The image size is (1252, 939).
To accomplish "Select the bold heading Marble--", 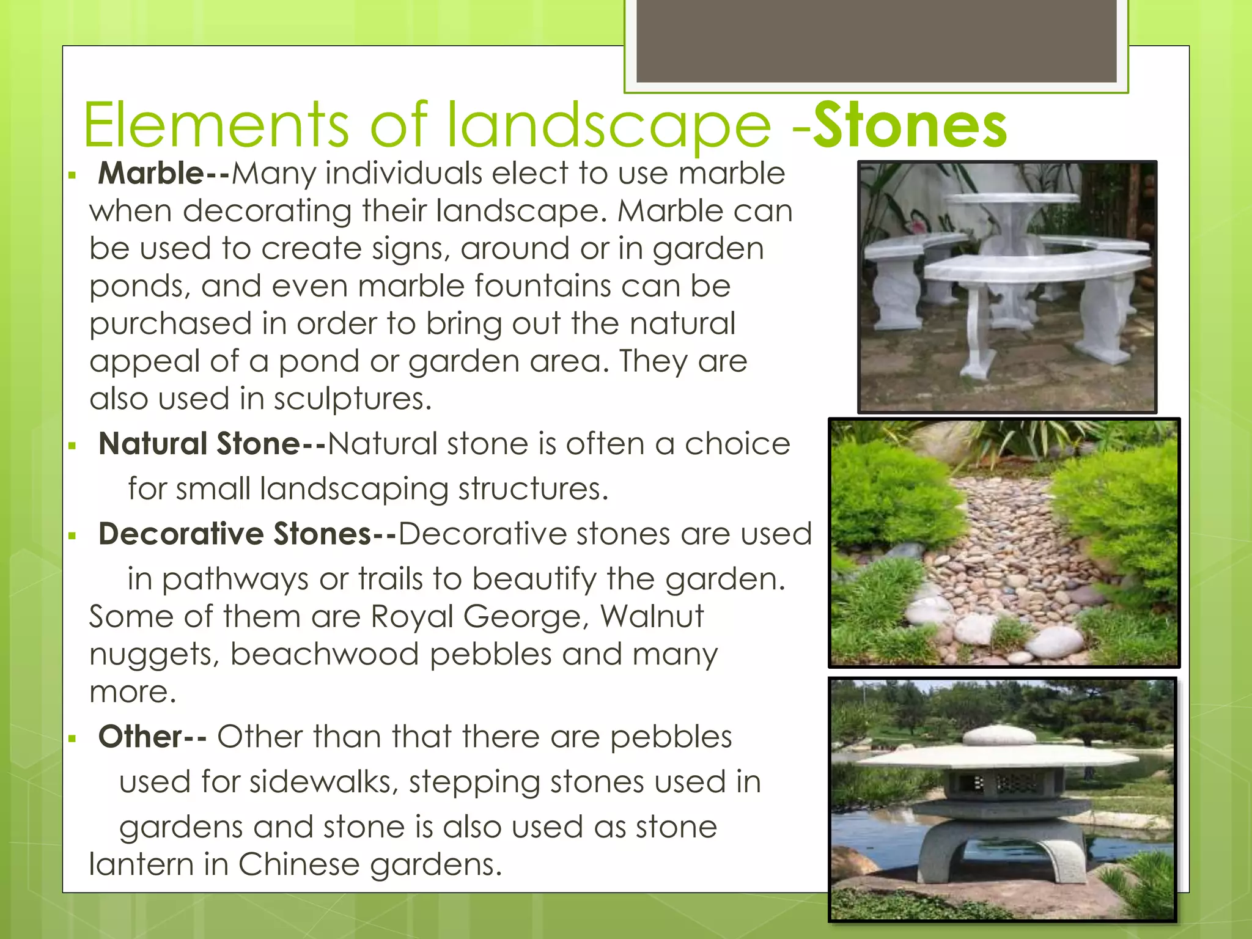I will (x=164, y=174).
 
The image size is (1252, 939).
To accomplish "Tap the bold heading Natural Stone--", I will (x=212, y=444).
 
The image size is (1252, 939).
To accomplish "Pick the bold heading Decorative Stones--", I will (x=248, y=534).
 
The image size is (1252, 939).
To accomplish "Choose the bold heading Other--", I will (x=152, y=737).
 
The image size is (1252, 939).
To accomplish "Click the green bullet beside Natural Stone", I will (x=72, y=446).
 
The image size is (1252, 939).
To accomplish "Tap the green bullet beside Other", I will (x=72, y=738).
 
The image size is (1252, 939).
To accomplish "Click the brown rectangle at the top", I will (x=876, y=40).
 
